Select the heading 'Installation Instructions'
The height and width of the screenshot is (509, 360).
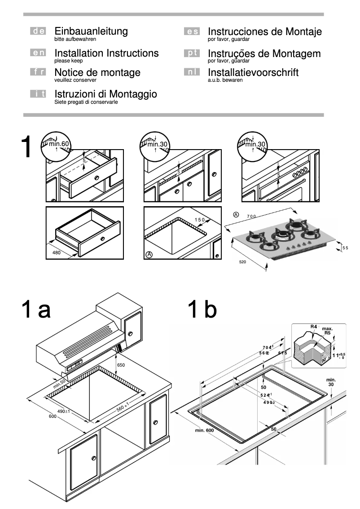coord(106,53)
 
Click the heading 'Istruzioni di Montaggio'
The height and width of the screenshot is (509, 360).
coord(105,94)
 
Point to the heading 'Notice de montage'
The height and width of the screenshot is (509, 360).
coord(97,72)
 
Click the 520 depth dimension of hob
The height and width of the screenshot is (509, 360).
coord(243,261)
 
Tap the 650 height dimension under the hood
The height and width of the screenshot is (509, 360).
coord(121,365)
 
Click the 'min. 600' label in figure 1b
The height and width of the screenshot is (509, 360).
coord(204,431)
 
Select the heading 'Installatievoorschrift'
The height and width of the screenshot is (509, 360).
coord(253,72)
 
